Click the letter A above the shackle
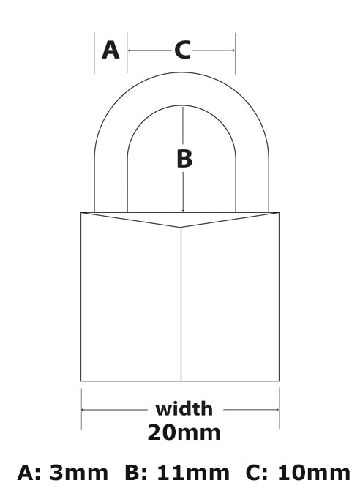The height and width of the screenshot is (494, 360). pos(110,50)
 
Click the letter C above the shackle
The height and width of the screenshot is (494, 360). pos(182,50)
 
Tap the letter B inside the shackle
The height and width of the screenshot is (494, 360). pos(184,159)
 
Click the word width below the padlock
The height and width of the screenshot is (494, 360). pos(184,409)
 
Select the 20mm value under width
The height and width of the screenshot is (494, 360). pos(184,433)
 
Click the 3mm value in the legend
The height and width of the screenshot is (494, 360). pos(79,473)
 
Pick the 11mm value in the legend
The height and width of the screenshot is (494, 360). pos(193,473)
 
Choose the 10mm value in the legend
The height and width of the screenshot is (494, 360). pos(314,473)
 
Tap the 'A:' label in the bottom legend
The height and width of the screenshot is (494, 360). pos(29,473)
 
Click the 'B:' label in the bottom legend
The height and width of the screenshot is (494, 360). pos(136,473)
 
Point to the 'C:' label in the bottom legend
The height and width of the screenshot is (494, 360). pos(257,473)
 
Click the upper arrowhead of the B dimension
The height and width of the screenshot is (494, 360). pos(183,108)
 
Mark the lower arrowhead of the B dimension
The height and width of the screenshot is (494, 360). pos(183,211)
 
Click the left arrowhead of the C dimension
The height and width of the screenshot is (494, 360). pos(130,50)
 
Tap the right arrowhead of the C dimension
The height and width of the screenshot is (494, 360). pos(233,50)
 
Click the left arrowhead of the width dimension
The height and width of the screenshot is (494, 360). pos(83,410)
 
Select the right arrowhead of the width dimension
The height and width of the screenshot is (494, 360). pos(277,410)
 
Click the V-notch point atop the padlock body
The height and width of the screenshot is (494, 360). pos(181,227)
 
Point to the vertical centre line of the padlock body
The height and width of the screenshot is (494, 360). pos(181,304)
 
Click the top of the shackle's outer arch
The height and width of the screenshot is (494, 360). pos(181,72)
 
